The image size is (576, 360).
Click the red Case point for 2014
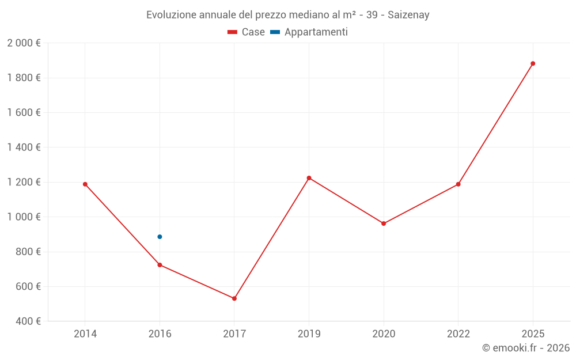tap(85, 184)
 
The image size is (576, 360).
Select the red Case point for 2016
tap(160, 265)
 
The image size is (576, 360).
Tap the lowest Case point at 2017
tap(234, 298)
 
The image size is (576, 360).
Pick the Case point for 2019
tap(309, 178)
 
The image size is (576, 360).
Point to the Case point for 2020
tap(384, 223)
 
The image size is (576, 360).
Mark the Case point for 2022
tap(458, 184)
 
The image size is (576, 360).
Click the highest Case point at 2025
tap(533, 63)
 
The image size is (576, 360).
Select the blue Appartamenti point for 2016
tap(160, 237)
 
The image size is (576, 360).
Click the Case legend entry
tap(247, 32)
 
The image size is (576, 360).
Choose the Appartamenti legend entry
tap(309, 32)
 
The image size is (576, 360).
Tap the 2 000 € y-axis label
tap(24, 43)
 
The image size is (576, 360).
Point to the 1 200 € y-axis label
tap(24, 182)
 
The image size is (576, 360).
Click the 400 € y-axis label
tap(27, 321)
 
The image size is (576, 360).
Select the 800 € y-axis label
tap(27, 252)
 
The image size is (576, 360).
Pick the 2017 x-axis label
tap(234, 334)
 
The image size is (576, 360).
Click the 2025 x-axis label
tap(533, 334)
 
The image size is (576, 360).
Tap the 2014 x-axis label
tap(85, 334)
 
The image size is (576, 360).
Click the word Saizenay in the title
tap(408, 15)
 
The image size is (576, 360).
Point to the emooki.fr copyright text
tap(526, 348)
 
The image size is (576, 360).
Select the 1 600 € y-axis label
tap(24, 113)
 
